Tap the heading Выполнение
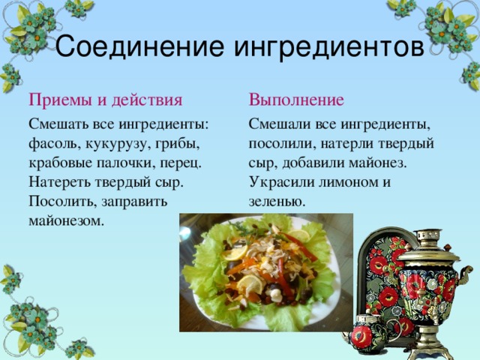pos(296,100)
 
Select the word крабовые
pos(64,162)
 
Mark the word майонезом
pos(64,221)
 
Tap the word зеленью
pos(277,202)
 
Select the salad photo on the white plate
pos(265,272)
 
